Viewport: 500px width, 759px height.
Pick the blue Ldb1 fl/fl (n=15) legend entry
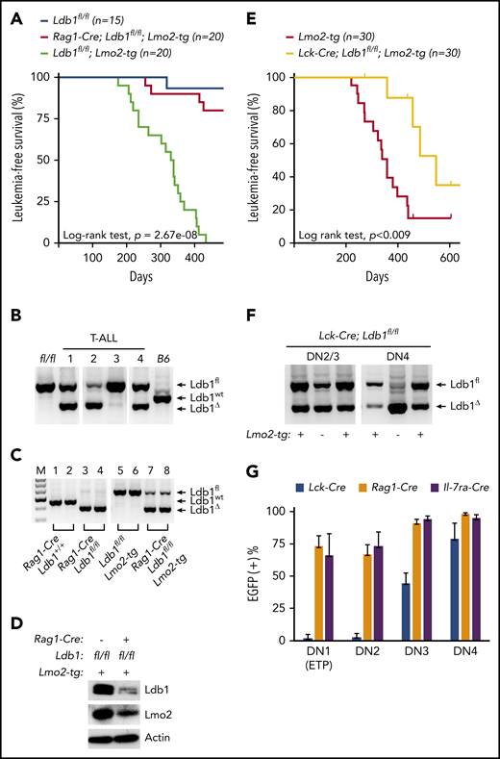96,9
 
